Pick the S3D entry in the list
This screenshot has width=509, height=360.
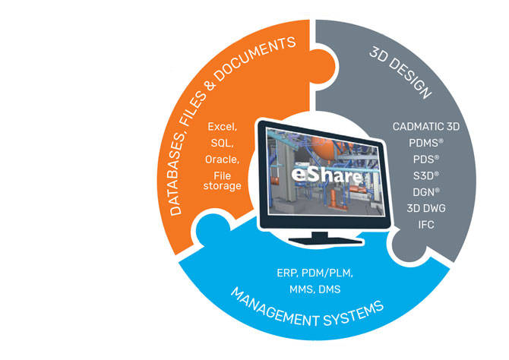425,175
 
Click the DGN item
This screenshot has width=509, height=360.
425,191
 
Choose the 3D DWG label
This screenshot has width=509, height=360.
425,208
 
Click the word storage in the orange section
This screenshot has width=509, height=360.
223,186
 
